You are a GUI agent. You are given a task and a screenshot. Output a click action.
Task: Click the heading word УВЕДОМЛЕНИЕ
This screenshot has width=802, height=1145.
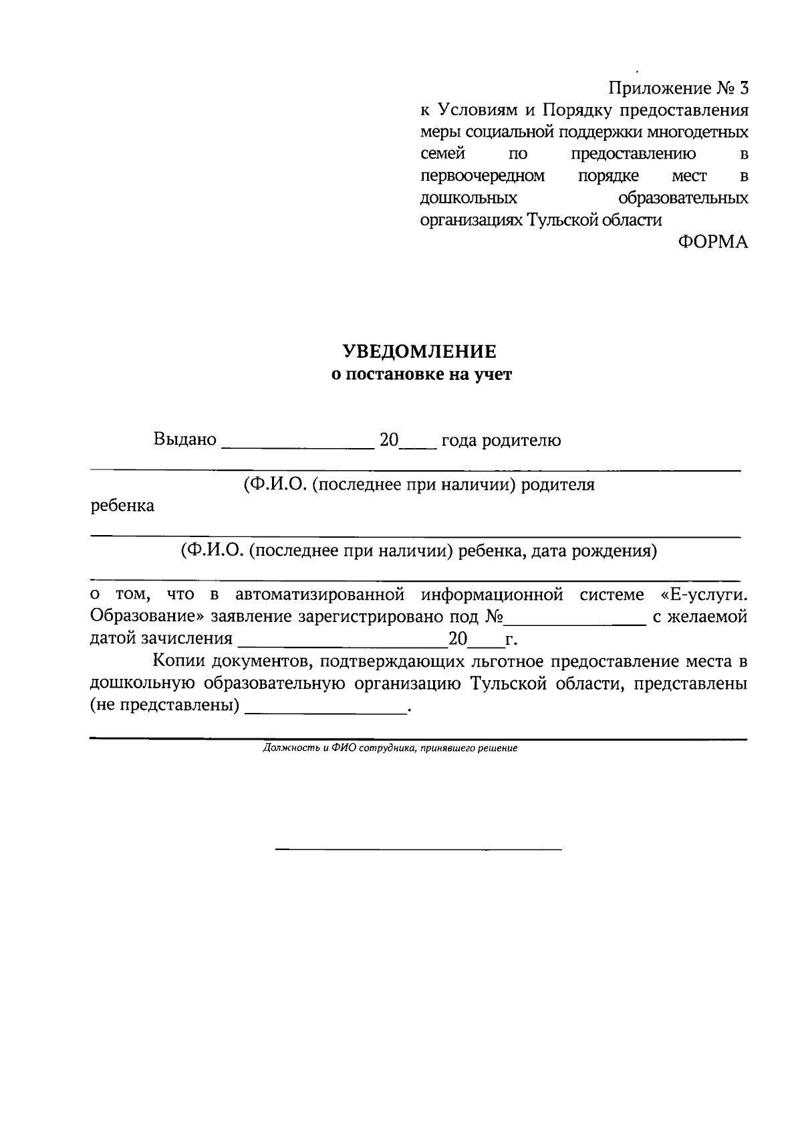420,351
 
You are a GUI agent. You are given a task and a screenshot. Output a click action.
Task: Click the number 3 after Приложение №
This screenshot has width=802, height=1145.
743,88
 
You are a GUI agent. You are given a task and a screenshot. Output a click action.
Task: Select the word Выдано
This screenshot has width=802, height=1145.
185,440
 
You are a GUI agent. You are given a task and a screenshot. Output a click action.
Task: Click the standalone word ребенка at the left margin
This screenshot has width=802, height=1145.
122,506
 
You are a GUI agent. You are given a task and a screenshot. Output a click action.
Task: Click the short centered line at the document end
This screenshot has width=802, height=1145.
419,849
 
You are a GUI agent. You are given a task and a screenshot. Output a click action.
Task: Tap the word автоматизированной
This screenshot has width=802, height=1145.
320,595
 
